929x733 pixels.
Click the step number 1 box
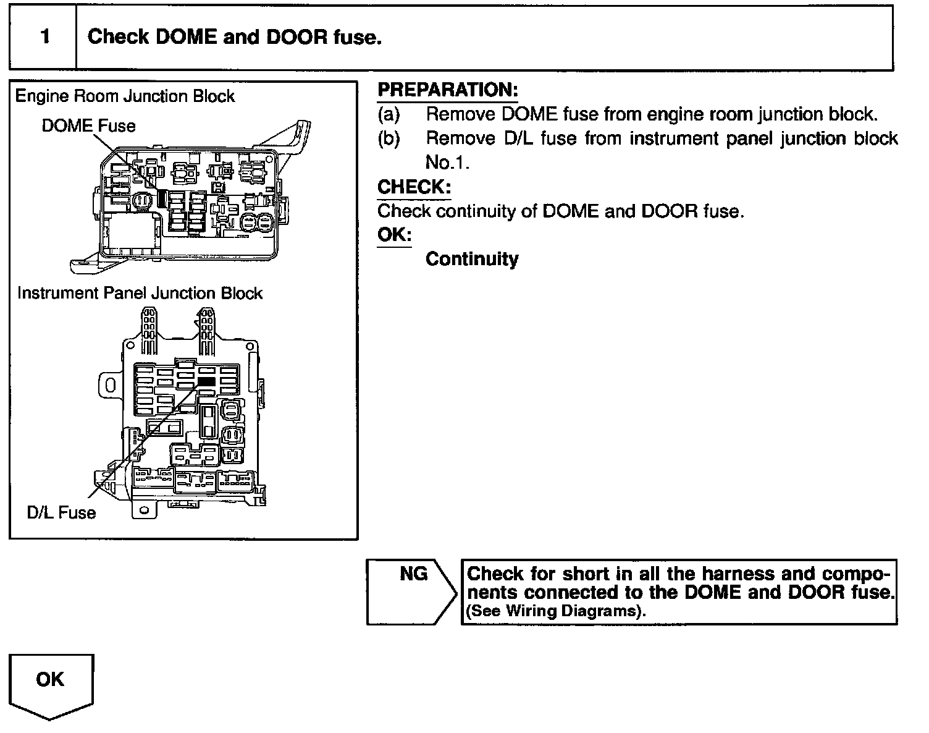tap(44, 37)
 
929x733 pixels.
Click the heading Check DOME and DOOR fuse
tap(235, 37)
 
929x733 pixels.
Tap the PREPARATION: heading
tap(447, 90)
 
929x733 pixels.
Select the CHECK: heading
tap(414, 187)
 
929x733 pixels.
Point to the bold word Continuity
tap(472, 259)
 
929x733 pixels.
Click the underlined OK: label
tap(394, 235)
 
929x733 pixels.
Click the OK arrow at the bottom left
tap(51, 685)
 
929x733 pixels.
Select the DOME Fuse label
tap(88, 126)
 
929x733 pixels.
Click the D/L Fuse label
tap(61, 512)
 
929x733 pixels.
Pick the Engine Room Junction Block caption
tap(125, 96)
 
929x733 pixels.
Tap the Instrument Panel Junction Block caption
tap(140, 293)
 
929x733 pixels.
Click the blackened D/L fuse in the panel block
tap(206, 382)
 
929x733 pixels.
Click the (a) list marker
tap(389, 114)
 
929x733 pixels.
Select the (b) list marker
tap(389, 138)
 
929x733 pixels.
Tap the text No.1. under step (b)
tap(447, 163)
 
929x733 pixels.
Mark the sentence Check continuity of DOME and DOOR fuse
tap(561, 211)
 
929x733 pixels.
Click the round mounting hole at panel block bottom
tap(144, 511)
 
